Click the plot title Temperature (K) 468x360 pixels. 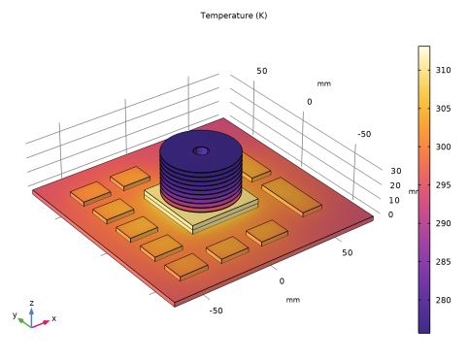click(234, 16)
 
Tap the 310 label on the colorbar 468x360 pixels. click(443, 70)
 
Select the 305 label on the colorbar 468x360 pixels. click(443, 109)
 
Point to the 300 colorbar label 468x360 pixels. click(443, 147)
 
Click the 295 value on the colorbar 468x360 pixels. click(443, 185)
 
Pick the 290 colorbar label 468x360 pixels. click(443, 223)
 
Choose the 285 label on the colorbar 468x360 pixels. click(443, 262)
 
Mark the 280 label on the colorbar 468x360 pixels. click(443, 300)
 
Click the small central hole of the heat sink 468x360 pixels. click(201, 150)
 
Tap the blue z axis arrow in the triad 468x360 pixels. click(31, 317)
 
